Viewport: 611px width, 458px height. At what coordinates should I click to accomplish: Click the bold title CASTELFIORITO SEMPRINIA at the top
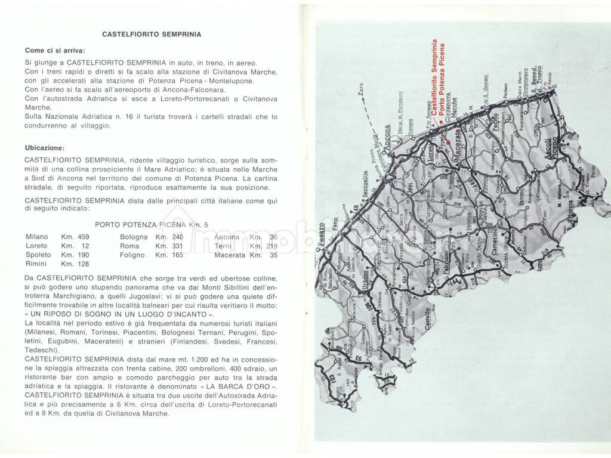pos(151,35)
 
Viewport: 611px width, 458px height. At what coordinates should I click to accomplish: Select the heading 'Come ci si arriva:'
pos(55,51)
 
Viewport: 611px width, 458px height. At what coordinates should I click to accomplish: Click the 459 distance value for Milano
pos(84,237)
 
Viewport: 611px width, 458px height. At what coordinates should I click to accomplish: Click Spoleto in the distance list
pos(39,255)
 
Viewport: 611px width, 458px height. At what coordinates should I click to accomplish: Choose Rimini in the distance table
pos(37,264)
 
